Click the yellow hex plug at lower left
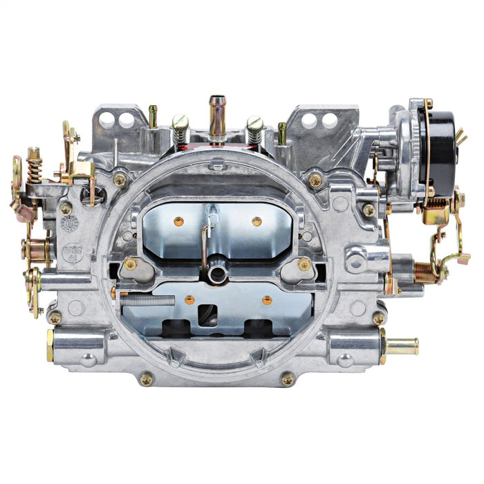pyautogui.click(x=50, y=345)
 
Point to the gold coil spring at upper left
pyautogui.click(x=34, y=169)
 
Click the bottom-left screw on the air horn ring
pyautogui.click(x=146, y=378)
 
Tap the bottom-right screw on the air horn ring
pyautogui.click(x=287, y=379)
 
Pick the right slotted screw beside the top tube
pyautogui.click(x=254, y=127)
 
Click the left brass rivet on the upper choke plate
pyautogui.click(x=179, y=222)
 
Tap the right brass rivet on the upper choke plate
pyautogui.click(x=257, y=221)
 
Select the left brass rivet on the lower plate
pyautogui.click(x=189, y=299)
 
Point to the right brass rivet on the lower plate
pyautogui.click(x=267, y=299)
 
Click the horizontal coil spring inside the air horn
pyautogui.click(x=147, y=299)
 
